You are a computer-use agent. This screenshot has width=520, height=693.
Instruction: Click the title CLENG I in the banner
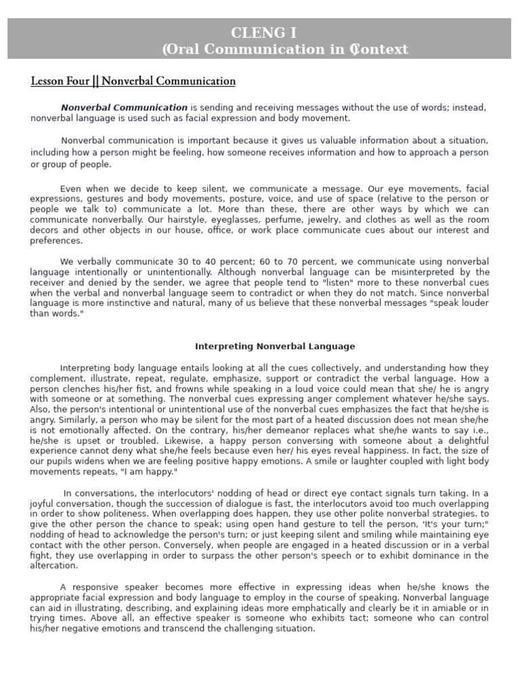click(273, 32)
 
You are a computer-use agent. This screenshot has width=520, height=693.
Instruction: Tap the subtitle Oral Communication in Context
click(285, 49)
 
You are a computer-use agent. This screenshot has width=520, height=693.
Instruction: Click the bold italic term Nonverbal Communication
click(124, 108)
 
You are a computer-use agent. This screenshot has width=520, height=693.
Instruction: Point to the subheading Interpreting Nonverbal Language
click(275, 346)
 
